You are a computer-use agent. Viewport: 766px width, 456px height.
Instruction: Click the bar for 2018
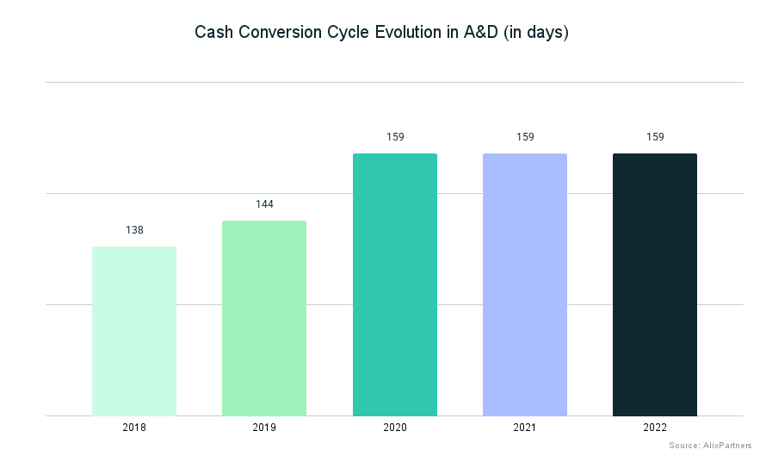[x=134, y=331]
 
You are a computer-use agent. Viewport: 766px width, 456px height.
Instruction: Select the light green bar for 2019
[x=264, y=318]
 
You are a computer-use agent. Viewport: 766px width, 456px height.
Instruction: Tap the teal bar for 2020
[x=395, y=284]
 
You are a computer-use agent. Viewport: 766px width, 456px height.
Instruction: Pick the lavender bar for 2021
[x=525, y=284]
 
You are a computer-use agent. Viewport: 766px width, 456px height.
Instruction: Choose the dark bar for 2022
[x=655, y=284]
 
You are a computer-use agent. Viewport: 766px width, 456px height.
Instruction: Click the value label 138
[x=134, y=230]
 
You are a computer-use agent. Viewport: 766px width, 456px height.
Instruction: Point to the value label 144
[x=264, y=204]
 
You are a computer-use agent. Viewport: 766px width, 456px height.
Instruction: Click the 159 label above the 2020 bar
[x=395, y=137]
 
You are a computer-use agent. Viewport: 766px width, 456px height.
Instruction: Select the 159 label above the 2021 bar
[x=525, y=137]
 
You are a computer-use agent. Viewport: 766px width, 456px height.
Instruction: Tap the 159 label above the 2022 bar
[x=655, y=137]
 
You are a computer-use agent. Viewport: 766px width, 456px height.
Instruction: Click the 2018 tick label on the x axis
[x=134, y=428]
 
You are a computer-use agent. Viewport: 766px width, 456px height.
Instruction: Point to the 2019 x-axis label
[x=264, y=428]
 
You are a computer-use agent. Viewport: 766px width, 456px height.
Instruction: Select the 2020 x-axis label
[x=395, y=428]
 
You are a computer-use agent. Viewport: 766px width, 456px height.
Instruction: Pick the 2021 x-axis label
[x=525, y=428]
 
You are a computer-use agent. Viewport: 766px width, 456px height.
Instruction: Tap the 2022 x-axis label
[x=655, y=428]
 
